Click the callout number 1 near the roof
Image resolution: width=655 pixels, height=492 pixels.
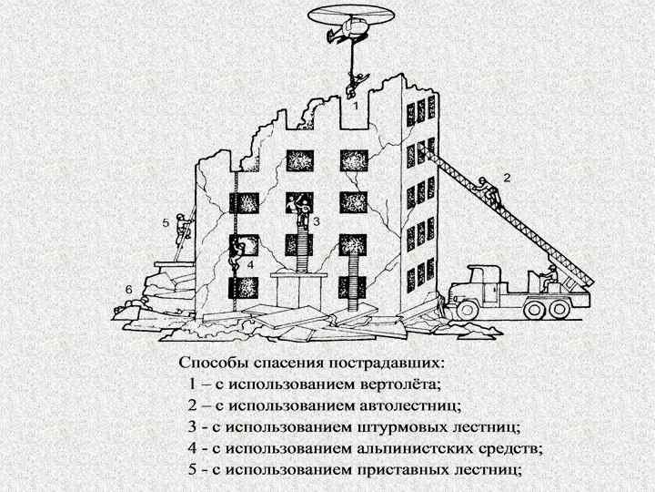(356, 107)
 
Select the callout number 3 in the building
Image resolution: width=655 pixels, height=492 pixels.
(316, 221)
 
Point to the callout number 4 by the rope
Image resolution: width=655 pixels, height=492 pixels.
(249, 264)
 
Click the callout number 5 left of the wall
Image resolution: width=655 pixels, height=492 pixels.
(166, 221)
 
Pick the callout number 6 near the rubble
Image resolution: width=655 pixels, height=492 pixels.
(129, 289)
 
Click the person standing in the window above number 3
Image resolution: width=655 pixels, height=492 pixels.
(299, 208)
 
